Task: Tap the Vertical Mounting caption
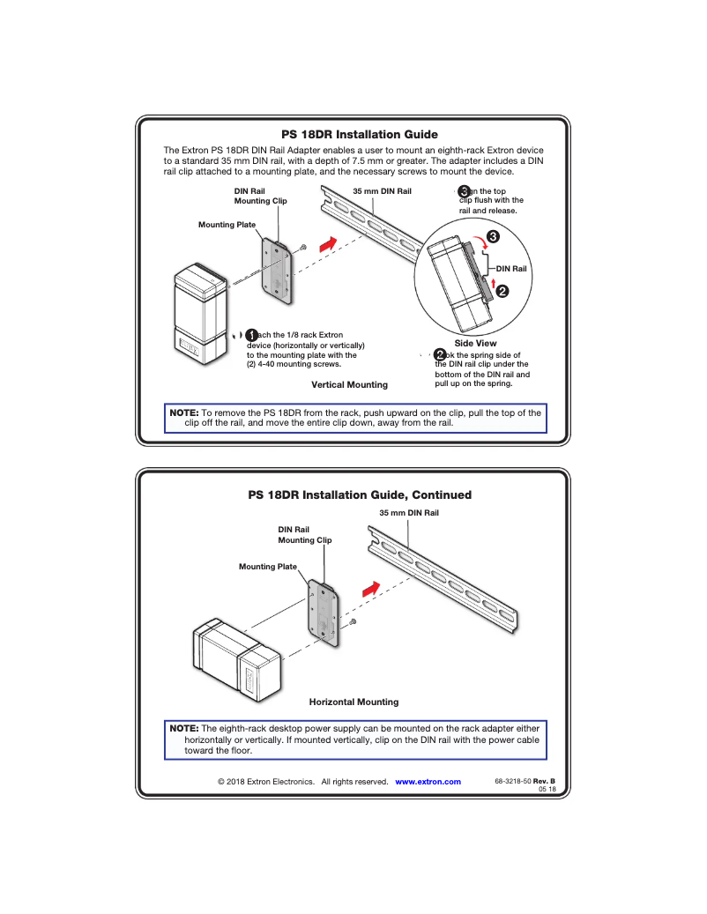coord(349,385)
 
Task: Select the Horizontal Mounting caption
coord(353,702)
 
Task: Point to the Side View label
coord(475,343)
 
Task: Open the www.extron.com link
coord(428,782)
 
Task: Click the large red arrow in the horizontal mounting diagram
coord(373,585)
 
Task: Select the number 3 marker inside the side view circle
coord(493,237)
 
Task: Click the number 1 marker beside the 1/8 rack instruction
coord(251,335)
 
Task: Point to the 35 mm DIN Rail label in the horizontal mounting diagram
coord(409,512)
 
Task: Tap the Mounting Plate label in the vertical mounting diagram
coord(227,225)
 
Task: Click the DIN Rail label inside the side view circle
coord(511,269)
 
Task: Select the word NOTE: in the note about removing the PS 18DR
coord(183,412)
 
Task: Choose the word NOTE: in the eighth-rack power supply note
coord(183,729)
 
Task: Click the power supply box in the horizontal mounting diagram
coord(236,660)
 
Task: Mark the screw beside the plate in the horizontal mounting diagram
coord(353,622)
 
